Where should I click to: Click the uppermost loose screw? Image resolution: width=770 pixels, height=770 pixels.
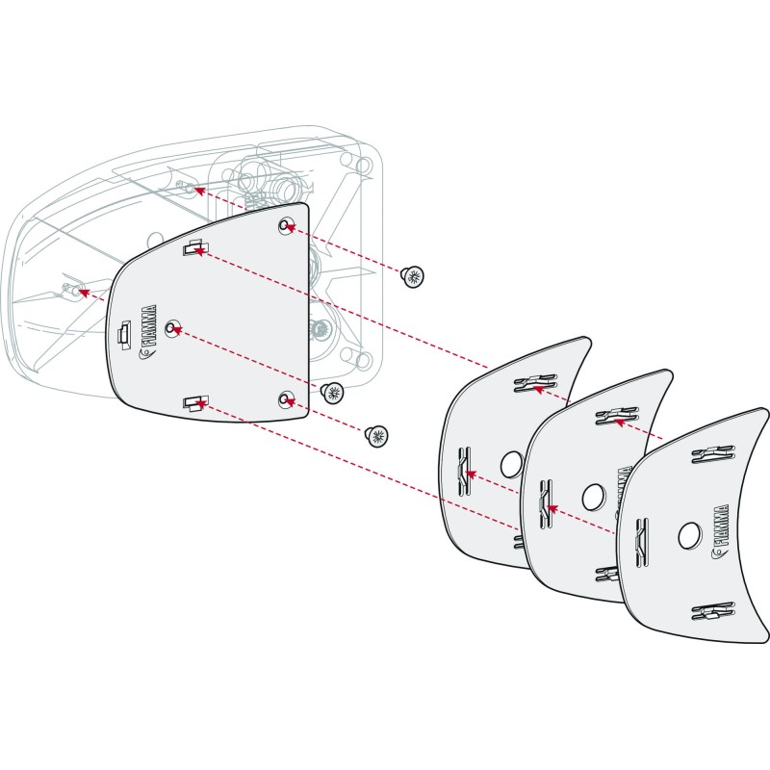(x=413, y=276)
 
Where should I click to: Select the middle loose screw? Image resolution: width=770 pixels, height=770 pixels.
(x=332, y=393)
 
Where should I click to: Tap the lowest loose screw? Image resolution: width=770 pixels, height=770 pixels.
(x=376, y=436)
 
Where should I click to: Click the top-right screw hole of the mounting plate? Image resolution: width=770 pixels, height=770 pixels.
(x=284, y=226)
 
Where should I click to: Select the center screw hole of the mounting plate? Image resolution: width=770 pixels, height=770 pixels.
(x=172, y=328)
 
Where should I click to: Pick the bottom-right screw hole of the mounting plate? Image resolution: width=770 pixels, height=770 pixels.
(x=284, y=400)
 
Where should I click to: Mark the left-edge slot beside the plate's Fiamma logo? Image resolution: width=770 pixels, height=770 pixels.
(x=123, y=334)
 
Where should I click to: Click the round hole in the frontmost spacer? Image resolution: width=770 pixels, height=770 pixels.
(x=689, y=536)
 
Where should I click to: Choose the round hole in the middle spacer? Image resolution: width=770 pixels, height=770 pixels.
(x=593, y=498)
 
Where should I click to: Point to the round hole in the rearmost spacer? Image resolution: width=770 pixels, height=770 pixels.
(x=512, y=464)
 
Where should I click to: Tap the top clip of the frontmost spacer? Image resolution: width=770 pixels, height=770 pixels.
(x=712, y=454)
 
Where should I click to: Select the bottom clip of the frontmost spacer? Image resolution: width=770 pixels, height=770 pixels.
(x=712, y=611)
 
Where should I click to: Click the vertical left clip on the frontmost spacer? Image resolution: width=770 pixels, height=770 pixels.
(x=642, y=542)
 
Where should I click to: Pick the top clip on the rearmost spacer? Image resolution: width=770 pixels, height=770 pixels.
(x=535, y=383)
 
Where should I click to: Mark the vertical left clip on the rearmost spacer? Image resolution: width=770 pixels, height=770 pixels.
(x=464, y=472)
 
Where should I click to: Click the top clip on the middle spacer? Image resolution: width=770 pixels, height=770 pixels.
(x=617, y=417)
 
